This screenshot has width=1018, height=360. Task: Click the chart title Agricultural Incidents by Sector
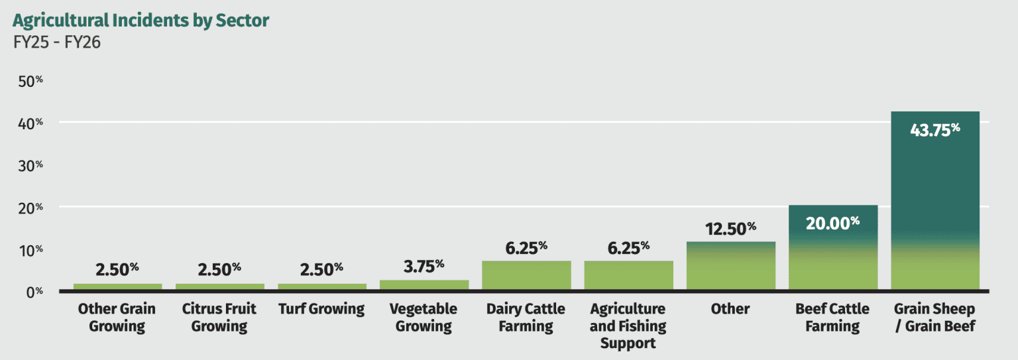(141, 21)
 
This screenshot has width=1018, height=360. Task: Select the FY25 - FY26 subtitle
(57, 42)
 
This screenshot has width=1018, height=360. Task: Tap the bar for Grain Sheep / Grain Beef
(935, 200)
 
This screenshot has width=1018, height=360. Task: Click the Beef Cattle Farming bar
(833, 247)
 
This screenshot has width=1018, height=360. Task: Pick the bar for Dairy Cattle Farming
(526, 275)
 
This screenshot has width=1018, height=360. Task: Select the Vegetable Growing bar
(424, 285)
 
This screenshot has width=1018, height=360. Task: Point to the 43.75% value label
(935, 131)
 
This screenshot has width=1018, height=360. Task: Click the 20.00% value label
(832, 223)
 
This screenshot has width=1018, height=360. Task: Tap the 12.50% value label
(730, 229)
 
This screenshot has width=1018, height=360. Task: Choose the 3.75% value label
(424, 267)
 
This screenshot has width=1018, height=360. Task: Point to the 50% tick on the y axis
(30, 82)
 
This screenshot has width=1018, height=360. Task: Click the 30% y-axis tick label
(30, 166)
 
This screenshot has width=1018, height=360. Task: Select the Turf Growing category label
(321, 309)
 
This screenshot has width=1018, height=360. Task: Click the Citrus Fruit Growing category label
(219, 318)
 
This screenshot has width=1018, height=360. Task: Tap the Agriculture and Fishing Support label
(628, 326)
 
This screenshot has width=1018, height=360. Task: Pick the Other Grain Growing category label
(117, 318)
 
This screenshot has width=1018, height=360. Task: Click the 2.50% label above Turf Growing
(321, 270)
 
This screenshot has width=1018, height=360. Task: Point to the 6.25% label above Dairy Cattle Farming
(526, 248)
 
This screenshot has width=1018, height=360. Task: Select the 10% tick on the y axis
(30, 250)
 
